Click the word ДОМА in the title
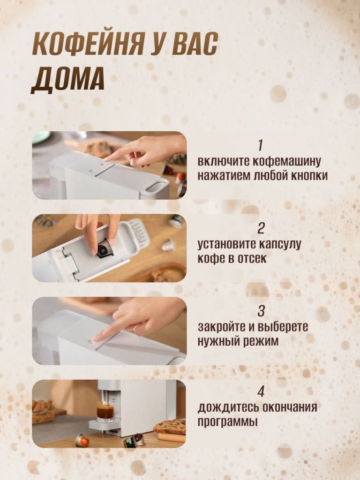tap(67, 79)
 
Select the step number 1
tap(261, 145)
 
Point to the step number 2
tap(261, 228)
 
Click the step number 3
tap(261, 311)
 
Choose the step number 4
tap(261, 391)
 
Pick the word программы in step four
tap(227, 422)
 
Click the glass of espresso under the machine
tap(105, 412)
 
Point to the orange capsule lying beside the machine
tap(82, 440)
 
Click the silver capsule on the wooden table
tap(168, 245)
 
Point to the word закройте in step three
tap(222, 327)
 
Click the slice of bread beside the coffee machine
tap(170, 426)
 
